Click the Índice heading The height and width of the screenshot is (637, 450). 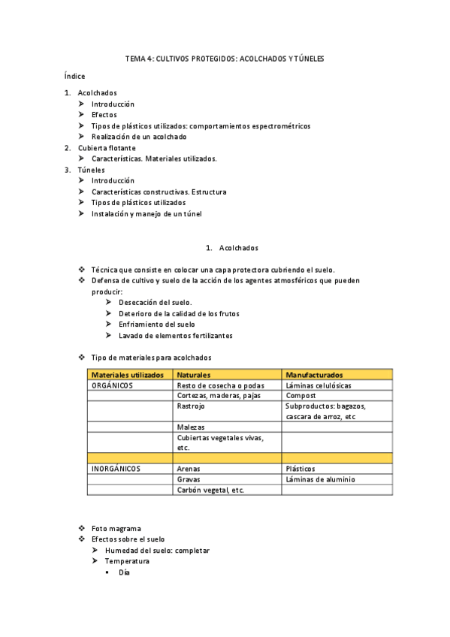click(x=75, y=76)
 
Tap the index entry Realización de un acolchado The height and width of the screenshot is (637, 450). click(x=139, y=137)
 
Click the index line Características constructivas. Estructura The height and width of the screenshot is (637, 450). click(x=159, y=192)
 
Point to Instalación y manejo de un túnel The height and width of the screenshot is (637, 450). click(x=146, y=213)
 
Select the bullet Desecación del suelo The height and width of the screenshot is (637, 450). click(x=155, y=302)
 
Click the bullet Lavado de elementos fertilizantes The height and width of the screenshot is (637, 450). click(x=175, y=335)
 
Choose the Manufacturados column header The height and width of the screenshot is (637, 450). click(x=314, y=374)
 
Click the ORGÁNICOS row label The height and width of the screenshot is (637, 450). click(x=112, y=385)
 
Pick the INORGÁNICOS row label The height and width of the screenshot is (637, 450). click(x=116, y=468)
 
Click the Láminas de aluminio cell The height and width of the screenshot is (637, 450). click(x=321, y=479)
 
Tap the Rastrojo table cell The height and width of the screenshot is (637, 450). click(x=191, y=406)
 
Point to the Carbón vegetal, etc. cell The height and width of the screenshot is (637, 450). click(x=210, y=490)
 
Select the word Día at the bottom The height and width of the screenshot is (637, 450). click(x=125, y=572)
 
